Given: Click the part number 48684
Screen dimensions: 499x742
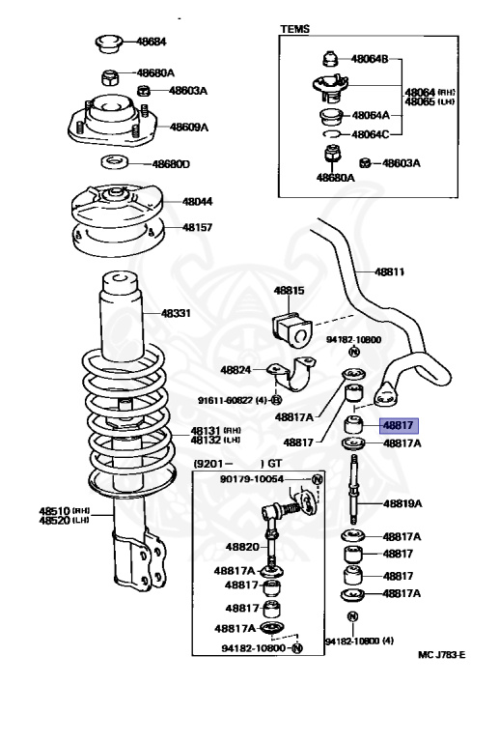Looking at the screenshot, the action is (152, 42).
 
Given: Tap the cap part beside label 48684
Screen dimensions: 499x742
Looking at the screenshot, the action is (109, 43).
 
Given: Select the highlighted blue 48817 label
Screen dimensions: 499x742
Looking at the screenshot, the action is (399, 425).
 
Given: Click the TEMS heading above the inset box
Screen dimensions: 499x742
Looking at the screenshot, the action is (295, 29).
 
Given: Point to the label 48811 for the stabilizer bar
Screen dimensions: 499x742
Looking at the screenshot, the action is (389, 272).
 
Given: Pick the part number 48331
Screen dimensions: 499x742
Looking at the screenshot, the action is (176, 313).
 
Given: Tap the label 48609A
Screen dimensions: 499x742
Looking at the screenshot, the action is (189, 127).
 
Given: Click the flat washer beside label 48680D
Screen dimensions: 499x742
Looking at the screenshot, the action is (115, 162).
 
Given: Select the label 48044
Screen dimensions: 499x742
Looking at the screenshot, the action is (198, 202).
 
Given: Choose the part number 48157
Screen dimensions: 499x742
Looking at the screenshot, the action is (198, 227).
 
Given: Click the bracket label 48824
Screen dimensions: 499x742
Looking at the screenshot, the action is (236, 370).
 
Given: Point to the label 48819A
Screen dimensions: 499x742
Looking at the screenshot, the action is (402, 503).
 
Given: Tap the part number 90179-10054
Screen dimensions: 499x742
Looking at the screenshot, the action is (252, 479).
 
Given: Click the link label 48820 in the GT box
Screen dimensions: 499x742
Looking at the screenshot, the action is (242, 547).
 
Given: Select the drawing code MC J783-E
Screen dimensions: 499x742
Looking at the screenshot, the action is (442, 655).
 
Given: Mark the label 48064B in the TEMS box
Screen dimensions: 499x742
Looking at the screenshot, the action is (370, 59).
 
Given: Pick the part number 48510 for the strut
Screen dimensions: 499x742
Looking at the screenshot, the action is (54, 511).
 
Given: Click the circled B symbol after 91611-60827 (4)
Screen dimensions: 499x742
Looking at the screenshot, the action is (277, 400).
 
